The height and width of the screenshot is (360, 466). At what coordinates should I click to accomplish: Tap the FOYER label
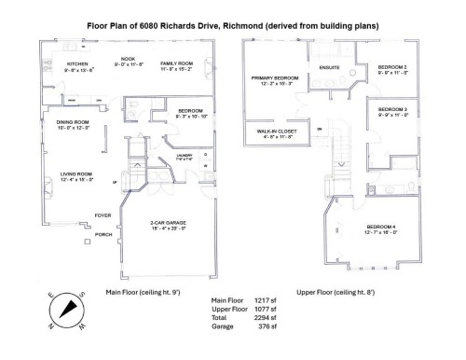coord(102,215)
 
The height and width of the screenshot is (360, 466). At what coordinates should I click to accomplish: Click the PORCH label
coord(103,234)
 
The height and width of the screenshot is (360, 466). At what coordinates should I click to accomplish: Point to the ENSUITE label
coord(328,67)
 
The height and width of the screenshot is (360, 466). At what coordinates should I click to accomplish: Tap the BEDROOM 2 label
coord(392,67)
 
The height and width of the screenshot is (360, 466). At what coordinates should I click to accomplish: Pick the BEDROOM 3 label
coord(392,110)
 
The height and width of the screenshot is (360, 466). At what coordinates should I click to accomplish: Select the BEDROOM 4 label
coord(380,228)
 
